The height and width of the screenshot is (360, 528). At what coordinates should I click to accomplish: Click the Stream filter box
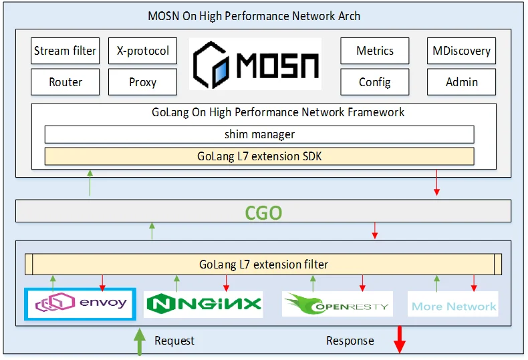pos(65,51)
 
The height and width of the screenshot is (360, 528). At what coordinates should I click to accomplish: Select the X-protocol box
pos(142,51)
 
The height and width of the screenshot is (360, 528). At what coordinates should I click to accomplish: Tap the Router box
pos(65,82)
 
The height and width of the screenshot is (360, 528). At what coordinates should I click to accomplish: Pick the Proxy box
pos(142,82)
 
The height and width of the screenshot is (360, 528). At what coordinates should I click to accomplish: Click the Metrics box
pos(375,51)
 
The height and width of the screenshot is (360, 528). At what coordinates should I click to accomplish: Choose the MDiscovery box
pos(461,51)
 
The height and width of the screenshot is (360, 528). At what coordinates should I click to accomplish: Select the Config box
pos(375,82)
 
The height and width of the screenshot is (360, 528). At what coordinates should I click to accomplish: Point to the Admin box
pos(461,82)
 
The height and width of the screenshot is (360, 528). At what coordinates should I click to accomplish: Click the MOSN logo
pos(255,64)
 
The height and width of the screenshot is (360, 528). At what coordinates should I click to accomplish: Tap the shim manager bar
pos(259,134)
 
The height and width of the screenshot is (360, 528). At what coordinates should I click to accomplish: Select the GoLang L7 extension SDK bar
pos(259,156)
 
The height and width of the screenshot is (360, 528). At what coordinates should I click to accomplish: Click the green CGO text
pos(263,213)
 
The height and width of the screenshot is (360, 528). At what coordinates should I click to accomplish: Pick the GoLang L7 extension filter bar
pos(263,264)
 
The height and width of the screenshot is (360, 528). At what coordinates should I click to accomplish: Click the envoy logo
pos(80,304)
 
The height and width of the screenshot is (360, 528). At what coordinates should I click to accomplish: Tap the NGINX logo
pos(203,304)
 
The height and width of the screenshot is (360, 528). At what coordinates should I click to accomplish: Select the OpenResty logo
pos(338,304)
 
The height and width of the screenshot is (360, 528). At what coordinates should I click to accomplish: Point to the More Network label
pos(453,306)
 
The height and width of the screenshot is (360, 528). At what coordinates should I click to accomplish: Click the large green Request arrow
pos(140,341)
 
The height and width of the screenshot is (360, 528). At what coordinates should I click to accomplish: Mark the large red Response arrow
pos(400,340)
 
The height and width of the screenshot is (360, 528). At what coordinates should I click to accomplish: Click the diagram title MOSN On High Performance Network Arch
pos(254,16)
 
